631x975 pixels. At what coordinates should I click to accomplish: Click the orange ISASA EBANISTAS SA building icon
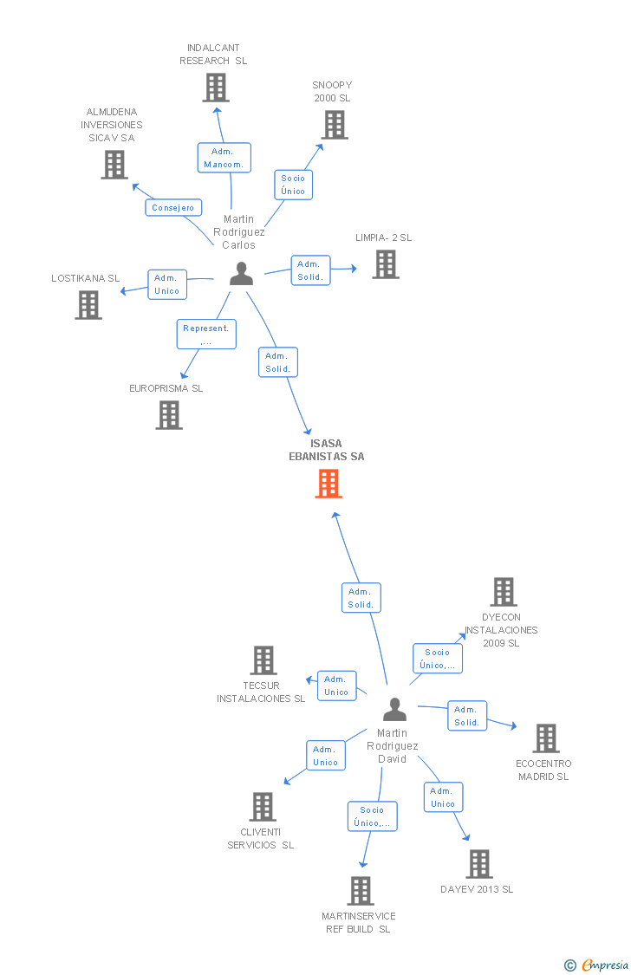(328, 484)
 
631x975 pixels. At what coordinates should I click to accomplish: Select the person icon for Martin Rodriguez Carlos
(241, 274)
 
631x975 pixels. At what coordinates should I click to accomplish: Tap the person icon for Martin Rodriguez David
(394, 710)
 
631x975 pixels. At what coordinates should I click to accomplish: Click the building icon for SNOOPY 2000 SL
(334, 125)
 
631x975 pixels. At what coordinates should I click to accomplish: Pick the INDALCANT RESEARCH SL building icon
(215, 88)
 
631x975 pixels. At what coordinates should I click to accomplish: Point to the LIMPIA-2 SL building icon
(386, 264)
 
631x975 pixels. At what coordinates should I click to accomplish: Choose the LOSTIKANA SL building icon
(88, 305)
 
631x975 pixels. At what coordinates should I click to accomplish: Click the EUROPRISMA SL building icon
(169, 415)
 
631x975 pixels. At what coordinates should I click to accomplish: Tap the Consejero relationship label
(173, 208)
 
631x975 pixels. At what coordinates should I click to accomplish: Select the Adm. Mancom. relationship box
(224, 158)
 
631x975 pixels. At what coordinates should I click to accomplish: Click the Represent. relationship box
(206, 335)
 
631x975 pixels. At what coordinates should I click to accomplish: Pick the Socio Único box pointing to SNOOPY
(293, 185)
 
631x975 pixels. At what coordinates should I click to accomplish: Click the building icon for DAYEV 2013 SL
(478, 864)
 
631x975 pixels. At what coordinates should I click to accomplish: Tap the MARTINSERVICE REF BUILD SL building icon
(361, 890)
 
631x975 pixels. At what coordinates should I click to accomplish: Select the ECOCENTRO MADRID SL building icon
(545, 738)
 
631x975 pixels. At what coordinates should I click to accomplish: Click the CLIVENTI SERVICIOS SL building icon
(262, 807)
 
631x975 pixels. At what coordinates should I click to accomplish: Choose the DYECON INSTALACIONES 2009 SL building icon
(503, 592)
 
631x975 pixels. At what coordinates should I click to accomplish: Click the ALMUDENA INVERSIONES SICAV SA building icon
(114, 165)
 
